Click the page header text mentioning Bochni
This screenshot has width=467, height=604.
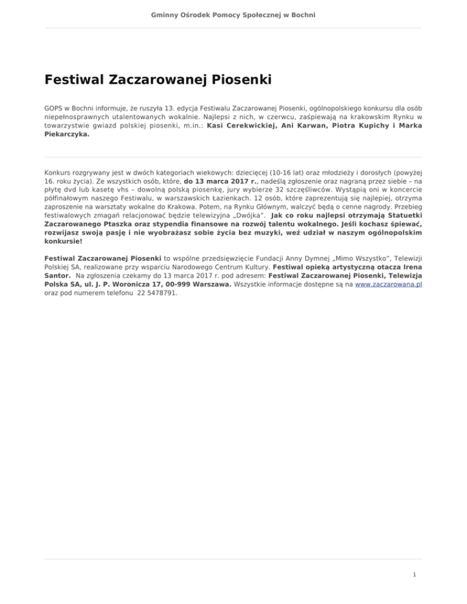click(x=233, y=13)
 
